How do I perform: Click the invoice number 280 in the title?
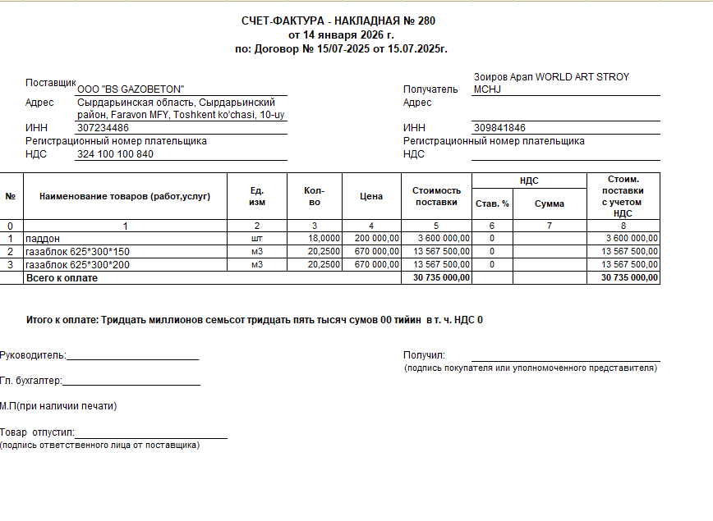click(x=426, y=21)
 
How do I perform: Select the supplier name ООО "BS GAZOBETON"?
click(x=131, y=89)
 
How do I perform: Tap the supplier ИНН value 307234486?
click(x=103, y=128)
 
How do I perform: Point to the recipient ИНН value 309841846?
click(x=499, y=128)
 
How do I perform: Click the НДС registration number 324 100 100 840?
click(x=114, y=154)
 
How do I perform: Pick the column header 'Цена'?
click(x=371, y=196)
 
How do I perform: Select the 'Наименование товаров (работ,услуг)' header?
click(x=125, y=196)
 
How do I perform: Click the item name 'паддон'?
click(x=44, y=238)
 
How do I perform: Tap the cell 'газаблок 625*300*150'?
click(x=78, y=251)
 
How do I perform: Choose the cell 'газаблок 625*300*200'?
click(x=78, y=265)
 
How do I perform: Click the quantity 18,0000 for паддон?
click(x=324, y=238)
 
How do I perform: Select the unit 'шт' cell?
click(x=257, y=238)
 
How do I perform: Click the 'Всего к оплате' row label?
click(x=62, y=278)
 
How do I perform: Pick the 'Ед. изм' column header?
click(x=257, y=196)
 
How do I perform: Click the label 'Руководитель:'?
click(x=33, y=356)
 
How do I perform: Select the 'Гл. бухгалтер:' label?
click(x=31, y=381)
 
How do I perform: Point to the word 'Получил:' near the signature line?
click(x=424, y=355)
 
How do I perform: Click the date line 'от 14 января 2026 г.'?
click(x=341, y=35)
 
